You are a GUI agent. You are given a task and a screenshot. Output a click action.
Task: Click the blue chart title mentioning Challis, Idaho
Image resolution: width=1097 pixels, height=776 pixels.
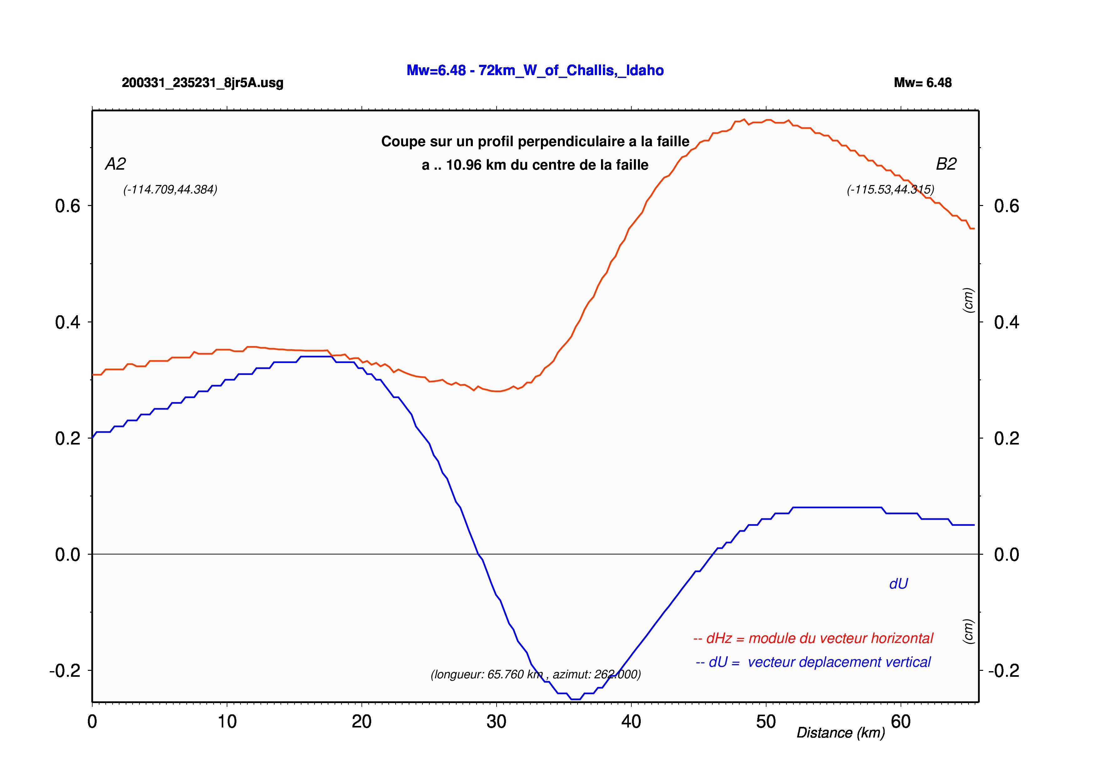coord(535,70)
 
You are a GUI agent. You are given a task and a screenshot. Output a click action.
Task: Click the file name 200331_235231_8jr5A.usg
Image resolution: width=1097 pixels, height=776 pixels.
coord(203,83)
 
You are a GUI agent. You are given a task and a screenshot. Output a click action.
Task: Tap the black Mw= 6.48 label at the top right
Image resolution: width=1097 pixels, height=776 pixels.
coord(923,83)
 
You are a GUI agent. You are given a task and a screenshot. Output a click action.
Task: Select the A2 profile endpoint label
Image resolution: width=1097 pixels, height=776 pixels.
coord(115,164)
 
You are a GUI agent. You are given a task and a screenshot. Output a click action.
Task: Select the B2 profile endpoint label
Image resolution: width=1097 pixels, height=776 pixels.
coord(946,164)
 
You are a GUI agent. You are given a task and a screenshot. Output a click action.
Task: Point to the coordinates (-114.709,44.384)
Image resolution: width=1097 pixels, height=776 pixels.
coord(170,190)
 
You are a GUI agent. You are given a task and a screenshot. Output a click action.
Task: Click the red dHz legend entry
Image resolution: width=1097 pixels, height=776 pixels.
coord(813,638)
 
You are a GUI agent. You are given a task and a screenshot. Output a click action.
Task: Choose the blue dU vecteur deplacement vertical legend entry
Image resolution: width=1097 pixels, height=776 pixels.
coord(813,662)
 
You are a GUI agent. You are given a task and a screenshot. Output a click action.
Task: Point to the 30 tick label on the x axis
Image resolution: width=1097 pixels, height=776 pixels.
coord(496,722)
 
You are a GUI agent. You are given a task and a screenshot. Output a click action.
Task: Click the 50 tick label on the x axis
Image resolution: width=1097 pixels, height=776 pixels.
coord(766,722)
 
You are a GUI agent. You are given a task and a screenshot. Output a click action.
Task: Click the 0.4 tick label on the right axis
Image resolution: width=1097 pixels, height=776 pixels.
coord(1007,322)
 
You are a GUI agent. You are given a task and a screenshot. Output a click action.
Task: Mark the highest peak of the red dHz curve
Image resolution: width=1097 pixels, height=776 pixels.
coord(744,120)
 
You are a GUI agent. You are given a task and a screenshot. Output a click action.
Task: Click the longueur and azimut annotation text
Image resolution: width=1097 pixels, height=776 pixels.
coord(536,674)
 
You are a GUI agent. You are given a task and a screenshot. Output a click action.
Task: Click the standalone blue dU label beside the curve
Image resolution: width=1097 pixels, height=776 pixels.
coord(898,584)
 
